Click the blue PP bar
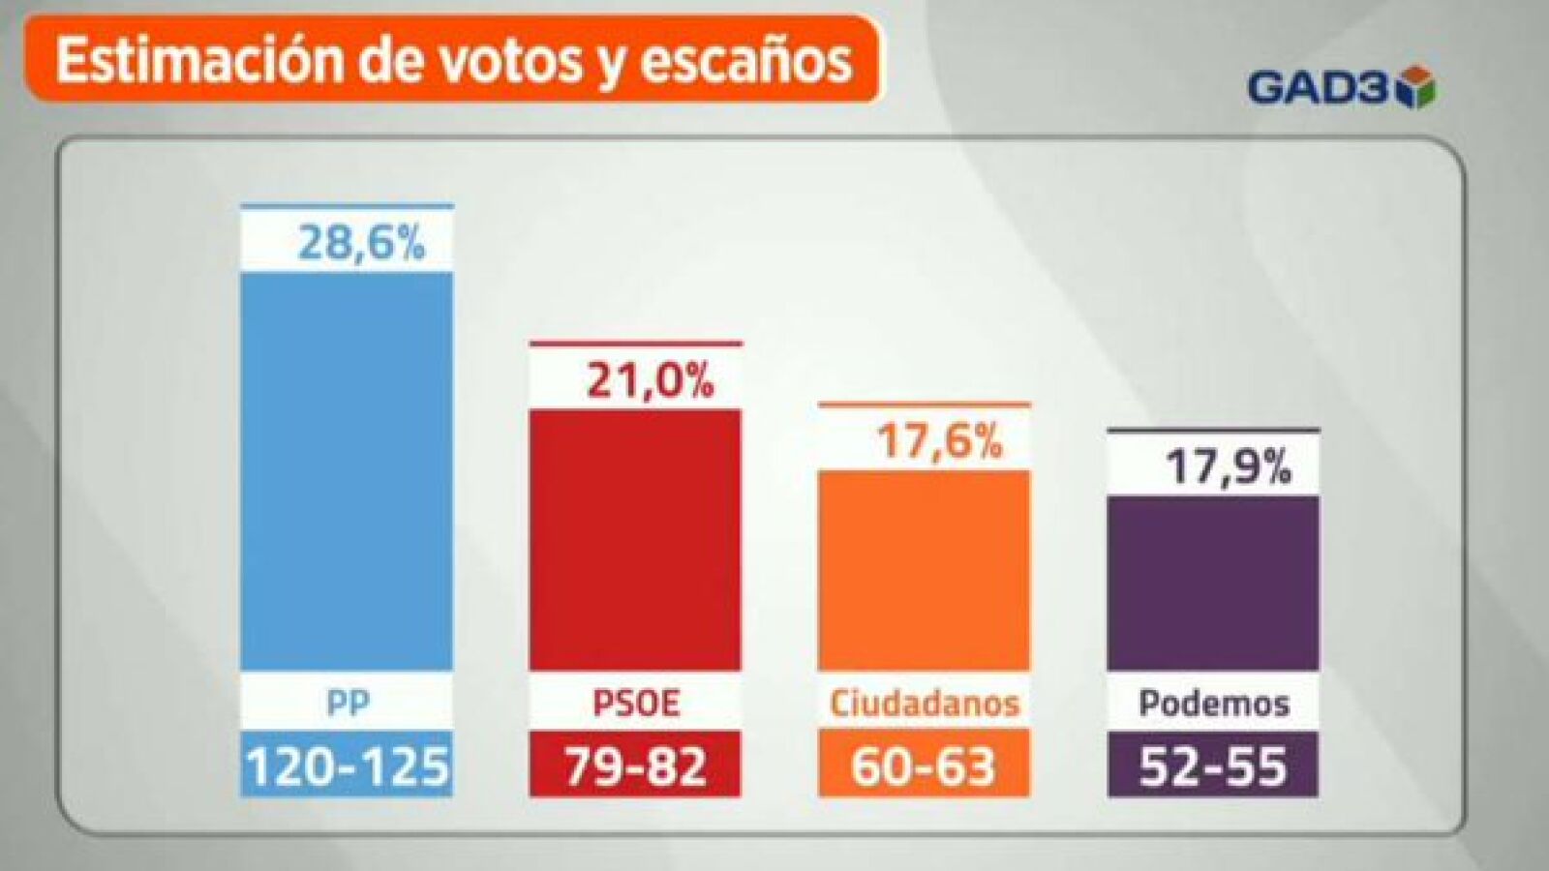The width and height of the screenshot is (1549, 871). [347, 470]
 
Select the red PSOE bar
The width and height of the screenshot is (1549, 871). [635, 540]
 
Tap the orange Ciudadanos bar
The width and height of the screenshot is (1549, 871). [924, 570]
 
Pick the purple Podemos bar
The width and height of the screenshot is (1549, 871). [1213, 583]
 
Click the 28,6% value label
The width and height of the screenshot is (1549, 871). [361, 243]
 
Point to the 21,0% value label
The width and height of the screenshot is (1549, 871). [650, 381]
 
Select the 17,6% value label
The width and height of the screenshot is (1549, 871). [939, 442]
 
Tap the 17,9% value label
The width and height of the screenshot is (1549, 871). [1229, 467]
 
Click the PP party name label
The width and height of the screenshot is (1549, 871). [348, 703]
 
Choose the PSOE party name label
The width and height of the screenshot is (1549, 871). [636, 703]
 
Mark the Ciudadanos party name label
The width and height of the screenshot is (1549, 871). [925, 703]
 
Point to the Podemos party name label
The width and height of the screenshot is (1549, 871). [1214, 704]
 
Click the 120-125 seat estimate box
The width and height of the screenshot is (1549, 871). [347, 764]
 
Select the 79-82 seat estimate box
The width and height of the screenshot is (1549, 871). [635, 764]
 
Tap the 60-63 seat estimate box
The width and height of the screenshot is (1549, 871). [924, 764]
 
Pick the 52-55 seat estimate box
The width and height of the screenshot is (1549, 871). [1213, 764]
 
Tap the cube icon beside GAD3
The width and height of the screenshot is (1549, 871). [1415, 87]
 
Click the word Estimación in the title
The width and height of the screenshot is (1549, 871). [200, 61]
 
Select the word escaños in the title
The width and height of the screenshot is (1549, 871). [745, 62]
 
